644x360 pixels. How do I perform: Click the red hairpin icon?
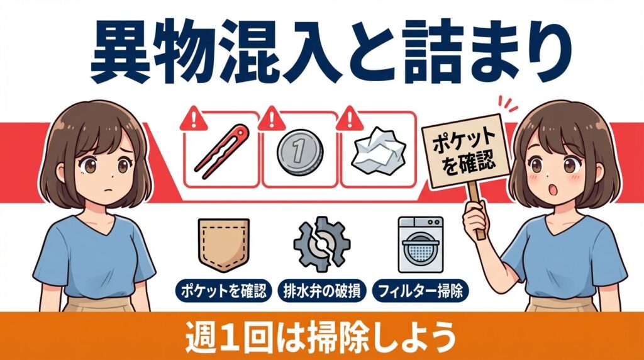pos(221,151)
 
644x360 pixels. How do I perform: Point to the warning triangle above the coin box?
pos(271,118)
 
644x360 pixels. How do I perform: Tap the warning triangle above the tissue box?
pos(348,118)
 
